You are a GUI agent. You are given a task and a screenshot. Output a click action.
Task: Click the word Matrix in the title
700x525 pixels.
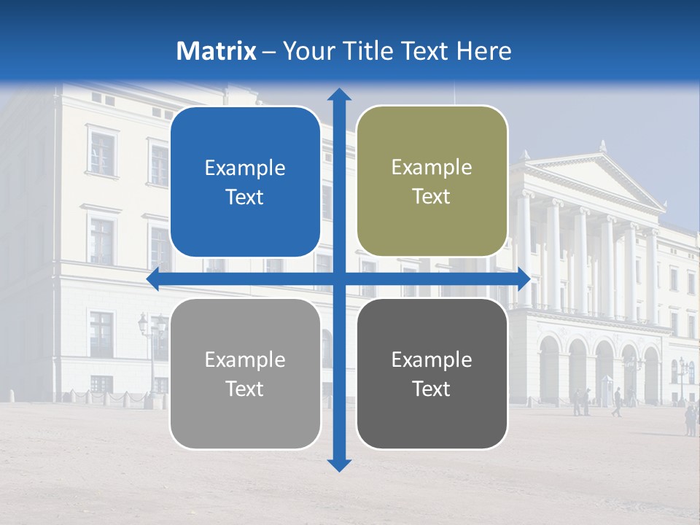coord(217,51)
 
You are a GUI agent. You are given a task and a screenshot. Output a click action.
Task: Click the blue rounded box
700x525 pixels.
coord(245,182)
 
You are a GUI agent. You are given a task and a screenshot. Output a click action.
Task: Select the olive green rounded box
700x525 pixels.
coord(432,182)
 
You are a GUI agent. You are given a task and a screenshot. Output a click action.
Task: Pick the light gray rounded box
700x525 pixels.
coord(245,373)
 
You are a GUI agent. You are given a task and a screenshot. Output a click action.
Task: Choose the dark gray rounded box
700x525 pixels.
coord(432,373)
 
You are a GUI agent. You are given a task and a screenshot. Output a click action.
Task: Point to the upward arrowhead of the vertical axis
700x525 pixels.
coord(339,94)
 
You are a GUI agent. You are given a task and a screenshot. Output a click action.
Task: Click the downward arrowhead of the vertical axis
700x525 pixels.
coord(339,464)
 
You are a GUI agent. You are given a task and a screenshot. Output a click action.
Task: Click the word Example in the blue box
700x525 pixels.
coord(245,168)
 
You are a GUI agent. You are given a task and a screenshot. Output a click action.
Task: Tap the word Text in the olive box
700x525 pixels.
coord(432,197)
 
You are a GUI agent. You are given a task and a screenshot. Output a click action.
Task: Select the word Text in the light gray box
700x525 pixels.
coord(245,389)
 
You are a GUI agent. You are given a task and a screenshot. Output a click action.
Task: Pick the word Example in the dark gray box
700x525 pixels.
coord(432,359)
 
